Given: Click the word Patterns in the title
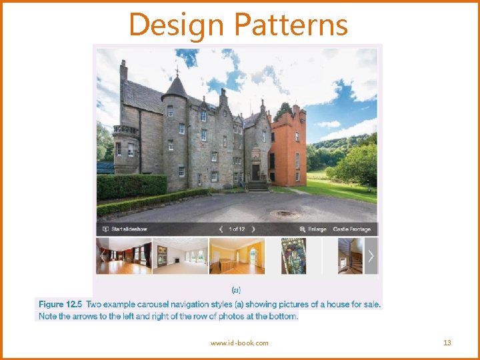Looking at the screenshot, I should tap(291, 25).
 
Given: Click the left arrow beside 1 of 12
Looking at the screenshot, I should tap(221, 229).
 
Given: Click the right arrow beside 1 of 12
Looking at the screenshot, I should tap(253, 229).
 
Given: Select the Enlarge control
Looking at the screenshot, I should tap(313, 229).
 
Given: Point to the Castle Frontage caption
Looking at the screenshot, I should tap(351, 229).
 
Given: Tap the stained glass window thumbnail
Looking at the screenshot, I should tap(293, 256).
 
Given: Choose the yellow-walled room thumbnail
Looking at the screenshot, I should tap(237, 256).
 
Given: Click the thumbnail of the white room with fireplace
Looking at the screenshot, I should tap(180, 256).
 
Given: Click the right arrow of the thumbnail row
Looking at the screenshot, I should tap(371, 256).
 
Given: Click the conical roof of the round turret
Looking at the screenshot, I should tap(175, 88).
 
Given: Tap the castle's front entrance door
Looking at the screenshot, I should tap(255, 173).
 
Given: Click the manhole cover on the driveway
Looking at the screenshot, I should tap(285, 214).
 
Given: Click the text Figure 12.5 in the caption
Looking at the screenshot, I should tap(61, 305).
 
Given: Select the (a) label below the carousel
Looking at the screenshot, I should tap(236, 290).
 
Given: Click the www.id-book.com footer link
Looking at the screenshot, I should tap(239, 343).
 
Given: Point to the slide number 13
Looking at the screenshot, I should tap(447, 343).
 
